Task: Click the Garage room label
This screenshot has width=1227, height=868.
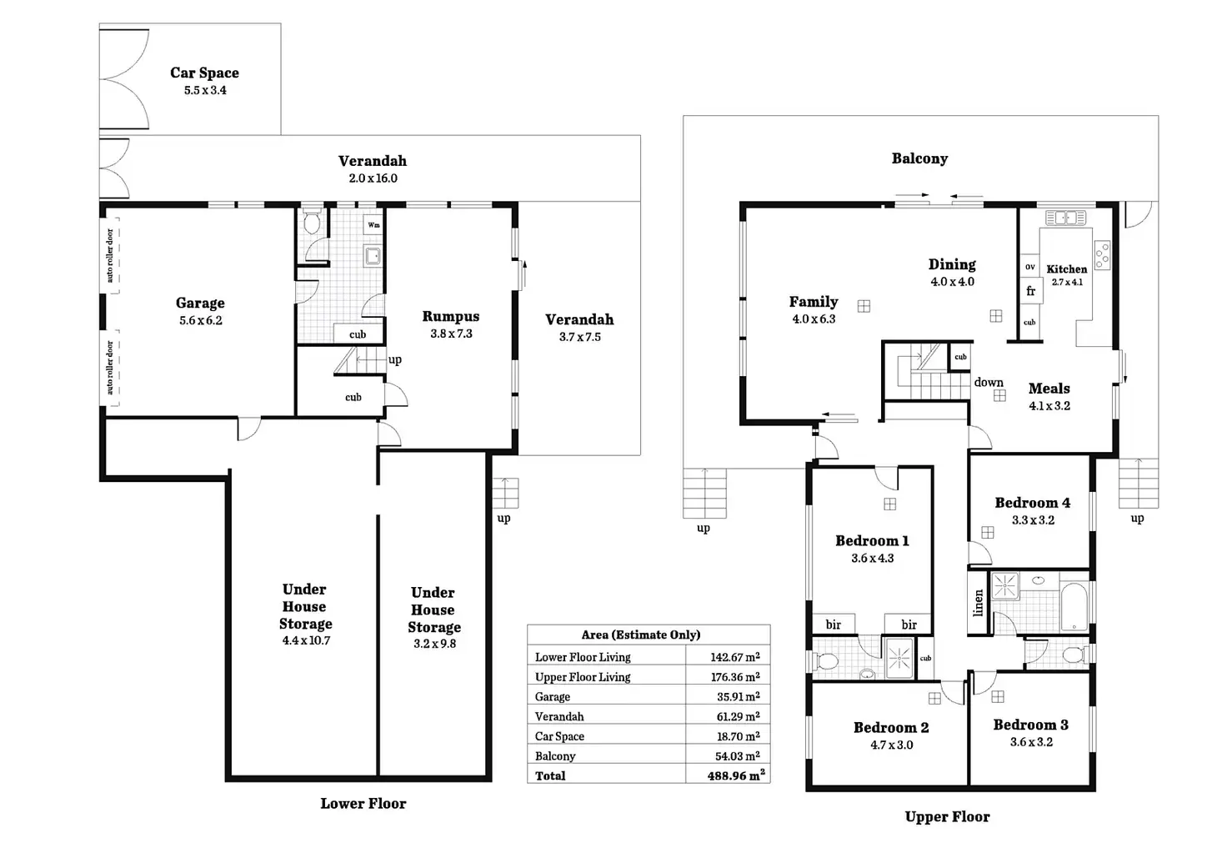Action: coord(200,303)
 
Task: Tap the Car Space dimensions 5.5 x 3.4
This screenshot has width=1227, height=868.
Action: coord(205,90)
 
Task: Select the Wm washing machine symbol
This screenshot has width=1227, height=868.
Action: coord(373,225)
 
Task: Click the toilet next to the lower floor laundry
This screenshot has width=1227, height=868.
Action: coord(313,221)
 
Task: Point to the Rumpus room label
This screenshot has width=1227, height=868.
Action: coord(450,316)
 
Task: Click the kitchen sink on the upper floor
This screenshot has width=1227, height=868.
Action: coord(1065,218)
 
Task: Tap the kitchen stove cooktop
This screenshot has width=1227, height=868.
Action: coord(1102,255)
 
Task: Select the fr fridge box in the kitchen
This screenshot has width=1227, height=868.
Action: coord(1031,291)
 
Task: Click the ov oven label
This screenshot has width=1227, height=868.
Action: coord(1029,267)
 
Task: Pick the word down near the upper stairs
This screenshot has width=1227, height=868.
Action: coord(988,382)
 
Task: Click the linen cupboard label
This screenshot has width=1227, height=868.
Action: coord(979,603)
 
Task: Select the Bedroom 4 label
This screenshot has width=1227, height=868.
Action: coord(1032,503)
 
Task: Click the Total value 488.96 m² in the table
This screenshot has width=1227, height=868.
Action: coord(736,775)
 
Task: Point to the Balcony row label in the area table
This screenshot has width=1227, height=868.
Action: coord(555,756)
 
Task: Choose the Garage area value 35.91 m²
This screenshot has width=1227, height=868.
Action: coord(738,696)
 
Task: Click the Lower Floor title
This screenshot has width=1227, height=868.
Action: coord(363,803)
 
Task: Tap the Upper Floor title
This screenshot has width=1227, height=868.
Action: coord(947,816)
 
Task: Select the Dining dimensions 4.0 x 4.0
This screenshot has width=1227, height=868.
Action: coord(952,282)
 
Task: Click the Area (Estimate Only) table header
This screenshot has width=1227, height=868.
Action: coord(641,635)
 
